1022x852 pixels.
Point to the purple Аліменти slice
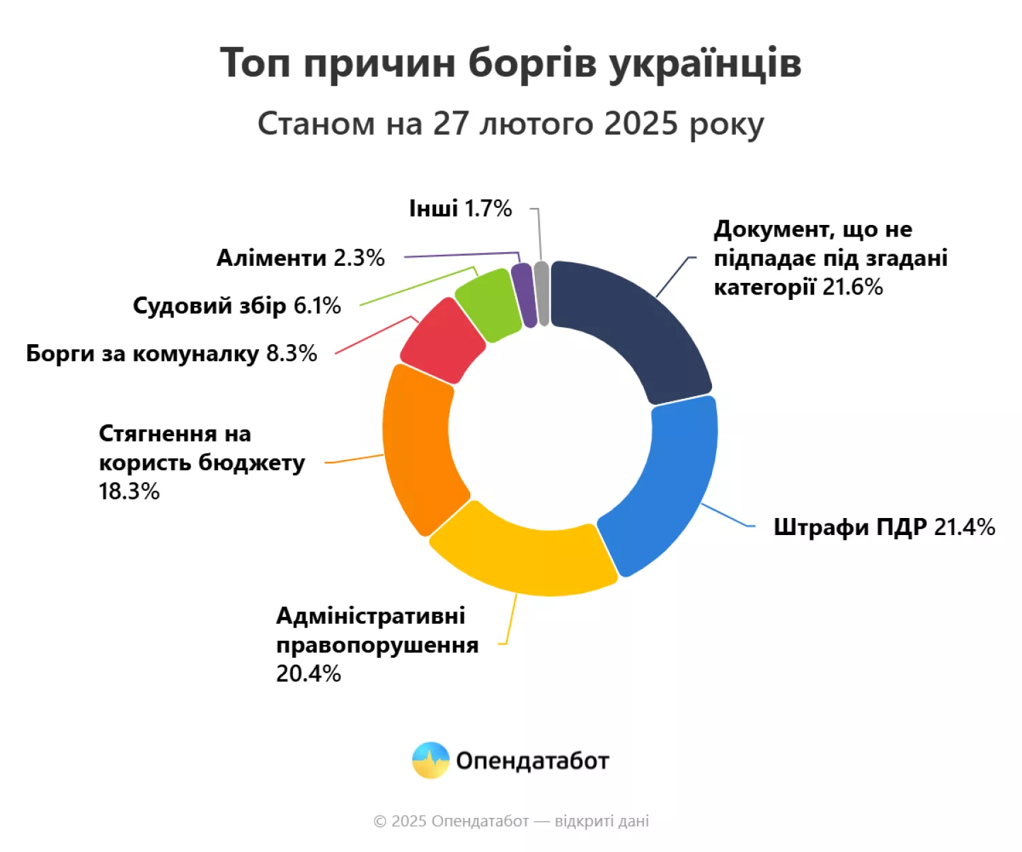(523, 295)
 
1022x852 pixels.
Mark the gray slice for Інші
(542, 294)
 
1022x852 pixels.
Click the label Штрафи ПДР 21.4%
(884, 527)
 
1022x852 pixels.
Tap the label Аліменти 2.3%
(300, 258)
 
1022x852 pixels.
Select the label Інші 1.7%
(460, 209)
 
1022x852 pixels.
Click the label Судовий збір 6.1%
(236, 305)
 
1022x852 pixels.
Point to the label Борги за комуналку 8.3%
(171, 353)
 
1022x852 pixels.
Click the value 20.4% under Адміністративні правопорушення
(308, 673)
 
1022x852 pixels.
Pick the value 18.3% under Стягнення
(129, 491)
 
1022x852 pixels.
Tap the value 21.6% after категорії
(852, 287)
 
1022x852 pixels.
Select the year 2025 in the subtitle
(640, 124)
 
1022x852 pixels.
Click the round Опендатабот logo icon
(431, 760)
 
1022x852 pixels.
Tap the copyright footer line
(511, 821)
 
